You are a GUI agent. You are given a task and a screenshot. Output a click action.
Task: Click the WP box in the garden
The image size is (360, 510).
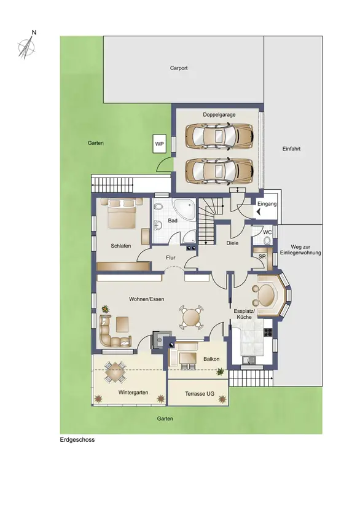tap(159, 143)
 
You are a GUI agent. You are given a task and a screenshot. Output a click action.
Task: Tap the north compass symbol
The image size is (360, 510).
tap(27, 45)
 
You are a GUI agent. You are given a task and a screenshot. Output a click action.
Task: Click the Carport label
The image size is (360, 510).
tap(179, 68)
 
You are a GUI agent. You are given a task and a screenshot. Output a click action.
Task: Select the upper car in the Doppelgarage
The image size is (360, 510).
tap(219, 136)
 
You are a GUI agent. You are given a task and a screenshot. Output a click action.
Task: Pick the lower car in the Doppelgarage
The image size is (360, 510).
tap(219, 171)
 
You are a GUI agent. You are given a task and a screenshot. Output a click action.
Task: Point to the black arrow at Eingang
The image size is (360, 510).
tap(259, 212)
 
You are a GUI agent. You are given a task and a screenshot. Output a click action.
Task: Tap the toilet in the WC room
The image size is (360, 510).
tap(267, 240)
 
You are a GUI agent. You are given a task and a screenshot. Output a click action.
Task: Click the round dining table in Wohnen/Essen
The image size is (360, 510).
tap(192, 316)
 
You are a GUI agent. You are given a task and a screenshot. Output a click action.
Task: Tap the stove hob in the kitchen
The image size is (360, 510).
tap(268, 332)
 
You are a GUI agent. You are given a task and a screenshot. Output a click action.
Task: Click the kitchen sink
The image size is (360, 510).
tap(249, 359)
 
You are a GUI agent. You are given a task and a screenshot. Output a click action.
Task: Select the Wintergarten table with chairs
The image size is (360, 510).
tap(115, 372)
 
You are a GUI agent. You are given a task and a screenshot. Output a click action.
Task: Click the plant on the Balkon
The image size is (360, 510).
tap(221, 371)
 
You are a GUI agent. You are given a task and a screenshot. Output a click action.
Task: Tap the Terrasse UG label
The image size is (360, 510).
tap(200, 394)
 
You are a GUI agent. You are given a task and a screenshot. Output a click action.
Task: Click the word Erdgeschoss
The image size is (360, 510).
tap(77, 440)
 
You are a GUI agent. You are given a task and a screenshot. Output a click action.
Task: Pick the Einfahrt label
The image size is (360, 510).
tap(291, 149)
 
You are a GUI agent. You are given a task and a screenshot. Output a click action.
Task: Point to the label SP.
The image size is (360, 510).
tap(262, 257)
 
